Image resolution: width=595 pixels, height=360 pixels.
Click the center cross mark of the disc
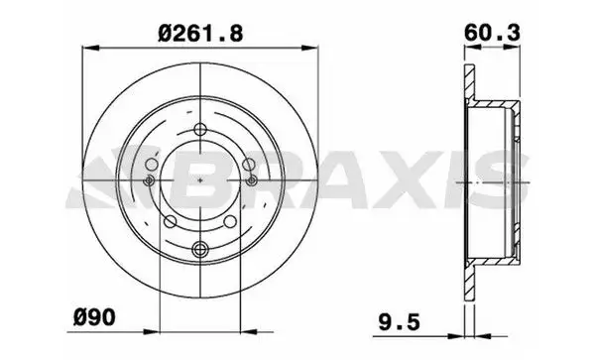point(201,180)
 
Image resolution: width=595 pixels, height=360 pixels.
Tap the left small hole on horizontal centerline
point(150,180)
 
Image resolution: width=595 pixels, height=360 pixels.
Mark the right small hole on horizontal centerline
point(253,180)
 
